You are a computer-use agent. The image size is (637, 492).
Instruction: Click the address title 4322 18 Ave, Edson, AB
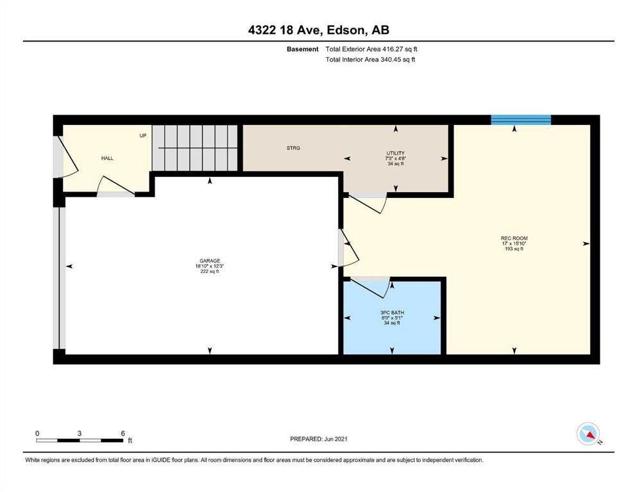pyautogui.click(x=318, y=30)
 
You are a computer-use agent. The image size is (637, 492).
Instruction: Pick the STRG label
pyautogui.click(x=293, y=148)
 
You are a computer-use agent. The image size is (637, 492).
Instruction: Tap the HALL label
pyautogui.click(x=107, y=158)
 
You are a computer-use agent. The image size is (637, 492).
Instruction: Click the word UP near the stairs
pyautogui.click(x=143, y=135)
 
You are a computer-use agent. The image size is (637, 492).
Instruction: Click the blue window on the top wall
pyautogui.click(x=520, y=120)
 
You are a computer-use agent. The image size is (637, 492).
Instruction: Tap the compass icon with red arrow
pyautogui.click(x=588, y=434)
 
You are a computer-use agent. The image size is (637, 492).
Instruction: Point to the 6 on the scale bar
pyautogui.click(x=122, y=433)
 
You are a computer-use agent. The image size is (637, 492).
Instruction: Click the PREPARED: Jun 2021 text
pyautogui.click(x=319, y=439)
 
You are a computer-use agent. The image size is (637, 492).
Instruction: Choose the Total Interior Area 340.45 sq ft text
pyautogui.click(x=370, y=60)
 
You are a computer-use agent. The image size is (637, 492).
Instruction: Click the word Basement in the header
pyautogui.click(x=303, y=49)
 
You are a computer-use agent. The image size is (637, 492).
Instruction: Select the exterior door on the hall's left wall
pyautogui.click(x=64, y=158)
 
